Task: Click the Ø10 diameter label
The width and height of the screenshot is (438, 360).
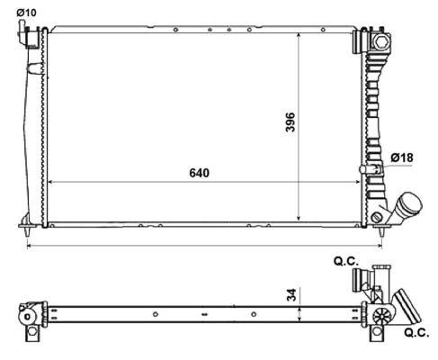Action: (26, 12)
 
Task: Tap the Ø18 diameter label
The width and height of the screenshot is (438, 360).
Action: (402, 158)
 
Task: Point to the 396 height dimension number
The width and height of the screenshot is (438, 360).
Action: (291, 122)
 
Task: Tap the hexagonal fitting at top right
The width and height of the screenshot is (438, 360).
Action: (377, 41)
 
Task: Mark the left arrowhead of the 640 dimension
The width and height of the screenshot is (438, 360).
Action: (49, 182)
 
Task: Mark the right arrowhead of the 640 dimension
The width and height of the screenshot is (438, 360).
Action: (360, 182)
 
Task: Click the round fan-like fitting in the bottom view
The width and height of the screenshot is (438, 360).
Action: (383, 315)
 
